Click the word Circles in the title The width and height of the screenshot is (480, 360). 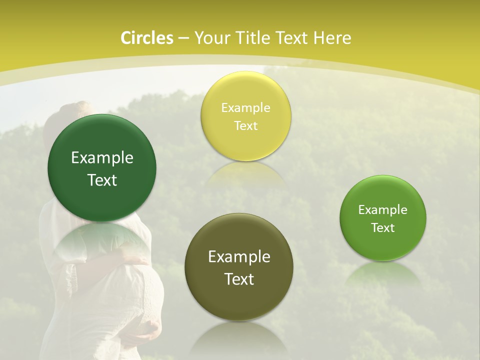[146, 38]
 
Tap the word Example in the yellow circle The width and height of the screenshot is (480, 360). [245, 108]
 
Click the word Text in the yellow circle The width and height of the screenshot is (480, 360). [245, 125]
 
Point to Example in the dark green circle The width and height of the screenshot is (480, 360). [102, 158]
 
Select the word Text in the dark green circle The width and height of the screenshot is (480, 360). [102, 180]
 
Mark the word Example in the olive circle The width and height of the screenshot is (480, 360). [239, 257]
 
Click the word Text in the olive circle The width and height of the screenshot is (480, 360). [239, 279]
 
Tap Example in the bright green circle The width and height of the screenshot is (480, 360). [383, 210]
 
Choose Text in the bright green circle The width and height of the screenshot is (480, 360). [383, 228]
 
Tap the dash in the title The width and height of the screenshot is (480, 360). [183, 38]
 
